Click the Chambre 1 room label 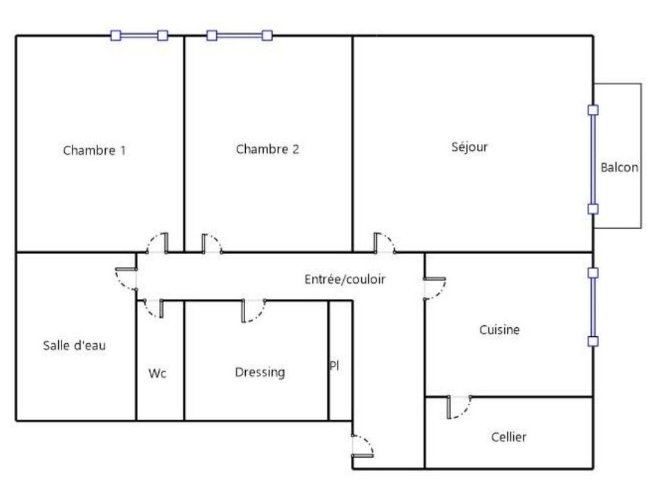pyautogui.click(x=95, y=150)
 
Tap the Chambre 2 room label pyautogui.click(x=267, y=149)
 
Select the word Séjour pyautogui.click(x=470, y=147)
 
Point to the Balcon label pyautogui.click(x=619, y=167)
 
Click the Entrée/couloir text pyautogui.click(x=345, y=279)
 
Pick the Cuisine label pyautogui.click(x=499, y=329)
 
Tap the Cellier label pyautogui.click(x=509, y=436)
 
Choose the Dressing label pyautogui.click(x=260, y=372)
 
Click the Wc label pyautogui.click(x=157, y=373)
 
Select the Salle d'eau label pyautogui.click(x=75, y=345)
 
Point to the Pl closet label pyautogui.click(x=334, y=365)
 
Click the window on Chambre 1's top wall pyautogui.click(x=139, y=35)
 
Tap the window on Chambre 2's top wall pyautogui.click(x=240, y=35)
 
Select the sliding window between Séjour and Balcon pyautogui.click(x=593, y=159)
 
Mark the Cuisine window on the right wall pyautogui.click(x=593, y=307)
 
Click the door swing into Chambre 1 pyautogui.click(x=157, y=243)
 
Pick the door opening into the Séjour pyautogui.click(x=385, y=243)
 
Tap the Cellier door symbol pyautogui.click(x=459, y=407)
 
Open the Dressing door pyautogui.click(x=253, y=311)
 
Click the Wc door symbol pyautogui.click(x=154, y=308)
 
